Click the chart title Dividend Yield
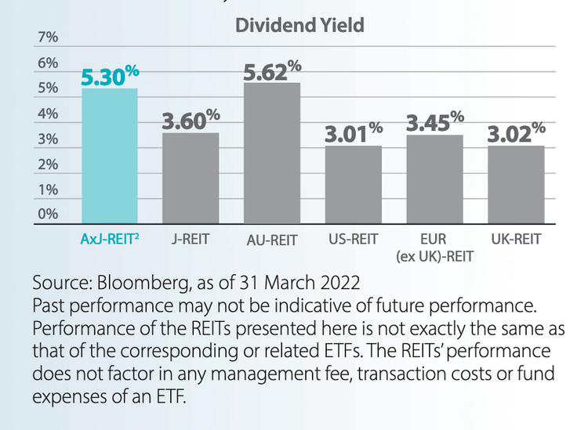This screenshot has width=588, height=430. (x=299, y=25)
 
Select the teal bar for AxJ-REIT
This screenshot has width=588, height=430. (x=110, y=157)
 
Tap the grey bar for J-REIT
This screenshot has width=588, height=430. (x=191, y=179)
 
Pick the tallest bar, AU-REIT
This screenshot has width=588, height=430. (x=272, y=154)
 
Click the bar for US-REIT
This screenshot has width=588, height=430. (x=354, y=185)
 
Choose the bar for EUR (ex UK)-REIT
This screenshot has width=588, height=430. (x=434, y=180)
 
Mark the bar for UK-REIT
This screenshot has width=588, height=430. (x=515, y=185)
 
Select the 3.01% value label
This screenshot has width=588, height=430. (x=354, y=133)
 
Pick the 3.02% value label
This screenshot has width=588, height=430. (x=515, y=133)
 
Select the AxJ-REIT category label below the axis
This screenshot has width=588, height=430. (x=110, y=238)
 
